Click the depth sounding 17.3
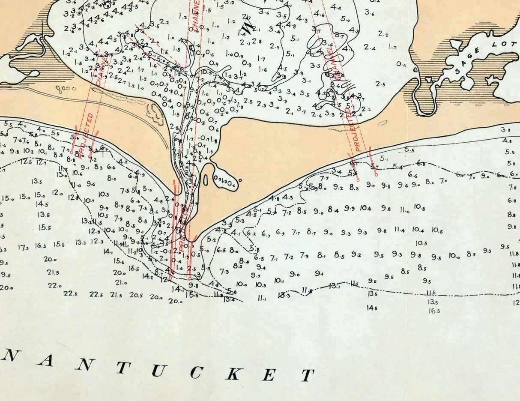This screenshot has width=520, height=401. (24, 247)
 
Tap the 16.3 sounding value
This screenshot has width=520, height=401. (41, 245)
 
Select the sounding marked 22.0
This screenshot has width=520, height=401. (54, 285)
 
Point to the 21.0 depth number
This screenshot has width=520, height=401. (121, 282)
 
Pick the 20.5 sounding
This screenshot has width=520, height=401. (136, 295)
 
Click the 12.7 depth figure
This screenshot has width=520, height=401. (41, 162)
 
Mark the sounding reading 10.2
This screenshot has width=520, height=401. (28, 151)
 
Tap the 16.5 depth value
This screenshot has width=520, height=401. (434, 311)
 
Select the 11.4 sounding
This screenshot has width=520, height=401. (400, 230)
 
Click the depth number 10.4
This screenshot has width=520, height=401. (418, 230)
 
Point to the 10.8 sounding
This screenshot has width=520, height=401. (419, 209)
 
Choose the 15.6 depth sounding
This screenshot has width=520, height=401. (119, 261)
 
